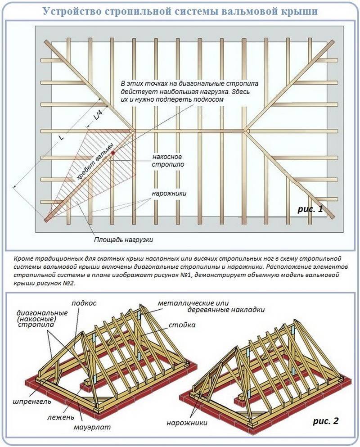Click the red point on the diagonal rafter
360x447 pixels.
tap(113, 153)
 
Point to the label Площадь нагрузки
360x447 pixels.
tap(123, 239)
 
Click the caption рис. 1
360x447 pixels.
tap(310, 208)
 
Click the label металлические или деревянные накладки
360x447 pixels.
tap(211, 306)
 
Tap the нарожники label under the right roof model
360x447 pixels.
tap(186, 423)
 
